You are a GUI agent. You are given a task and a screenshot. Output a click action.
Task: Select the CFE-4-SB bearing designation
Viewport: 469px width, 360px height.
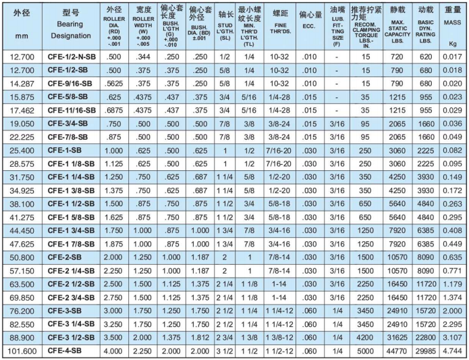[x=65, y=351]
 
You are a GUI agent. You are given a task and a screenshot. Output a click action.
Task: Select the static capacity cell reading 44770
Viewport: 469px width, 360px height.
[x=398, y=351]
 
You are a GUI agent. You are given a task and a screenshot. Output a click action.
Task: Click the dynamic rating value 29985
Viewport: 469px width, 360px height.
[x=426, y=351]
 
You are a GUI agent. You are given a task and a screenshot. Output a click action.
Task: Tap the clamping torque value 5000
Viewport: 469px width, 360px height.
[x=365, y=351]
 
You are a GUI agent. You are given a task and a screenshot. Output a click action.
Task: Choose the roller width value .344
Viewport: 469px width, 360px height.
[x=143, y=57]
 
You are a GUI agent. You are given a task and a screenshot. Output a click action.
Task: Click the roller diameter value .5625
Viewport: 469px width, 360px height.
[x=115, y=83]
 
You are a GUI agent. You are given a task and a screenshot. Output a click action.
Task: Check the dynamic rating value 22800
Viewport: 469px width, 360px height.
[x=426, y=338]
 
